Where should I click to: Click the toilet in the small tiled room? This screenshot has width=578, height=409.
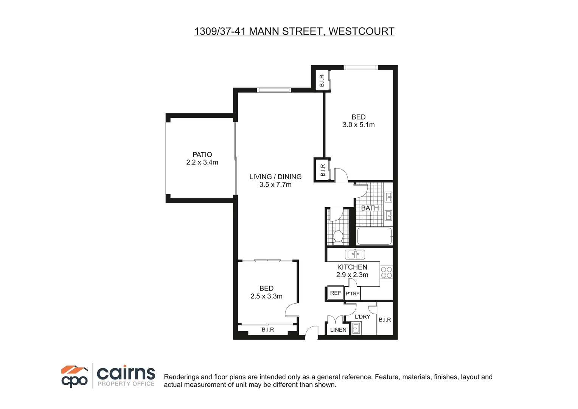338,237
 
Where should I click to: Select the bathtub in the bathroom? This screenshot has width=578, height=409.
374,236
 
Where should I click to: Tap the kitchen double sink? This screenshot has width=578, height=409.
354,254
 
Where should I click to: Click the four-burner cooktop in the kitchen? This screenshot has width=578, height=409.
386,272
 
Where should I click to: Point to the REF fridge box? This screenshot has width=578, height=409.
335,293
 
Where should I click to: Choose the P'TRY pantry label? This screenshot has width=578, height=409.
353,293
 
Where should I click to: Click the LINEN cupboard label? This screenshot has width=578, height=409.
338,330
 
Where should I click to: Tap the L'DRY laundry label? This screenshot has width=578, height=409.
362,317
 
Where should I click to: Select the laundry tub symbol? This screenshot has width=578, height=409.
356,328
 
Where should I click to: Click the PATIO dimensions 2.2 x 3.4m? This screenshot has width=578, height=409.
202,162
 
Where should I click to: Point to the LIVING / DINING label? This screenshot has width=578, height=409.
275,176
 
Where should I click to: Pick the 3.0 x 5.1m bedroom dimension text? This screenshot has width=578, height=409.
358,125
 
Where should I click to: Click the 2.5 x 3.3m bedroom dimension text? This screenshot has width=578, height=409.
266,297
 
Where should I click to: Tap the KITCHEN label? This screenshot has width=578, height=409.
352,267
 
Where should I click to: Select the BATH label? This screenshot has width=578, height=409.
370,208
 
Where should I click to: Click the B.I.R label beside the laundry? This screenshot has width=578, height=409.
385,320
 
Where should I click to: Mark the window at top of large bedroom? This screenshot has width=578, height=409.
360,67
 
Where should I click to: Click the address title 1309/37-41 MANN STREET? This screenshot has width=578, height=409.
294,31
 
